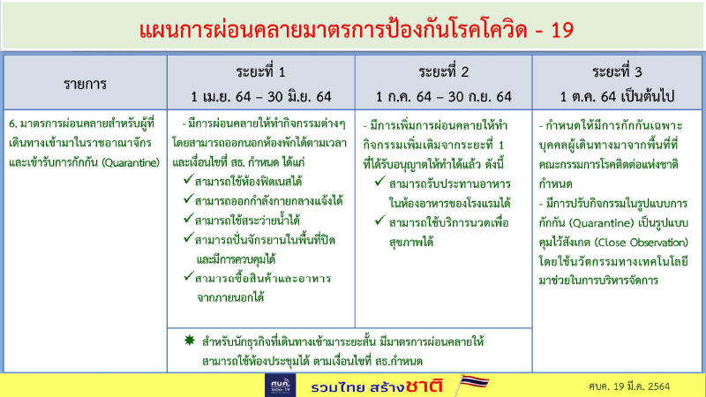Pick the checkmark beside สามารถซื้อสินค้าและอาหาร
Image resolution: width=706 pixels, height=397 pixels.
[190, 276]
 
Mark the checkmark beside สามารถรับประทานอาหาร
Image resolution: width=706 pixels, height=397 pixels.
[379, 181]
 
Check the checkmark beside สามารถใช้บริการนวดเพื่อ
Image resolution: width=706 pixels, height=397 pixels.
[379, 220]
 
